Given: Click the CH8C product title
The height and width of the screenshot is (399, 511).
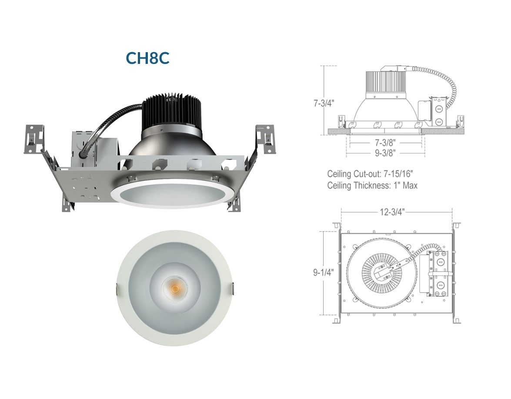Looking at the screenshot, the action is [x=147, y=58].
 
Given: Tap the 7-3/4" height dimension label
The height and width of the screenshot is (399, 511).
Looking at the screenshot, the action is [x=324, y=103].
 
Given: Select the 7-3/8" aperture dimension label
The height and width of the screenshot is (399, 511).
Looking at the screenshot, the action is [x=385, y=143].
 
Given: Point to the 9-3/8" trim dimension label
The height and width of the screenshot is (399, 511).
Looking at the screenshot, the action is [x=385, y=153].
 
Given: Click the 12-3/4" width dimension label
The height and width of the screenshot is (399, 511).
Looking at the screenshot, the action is [x=392, y=212].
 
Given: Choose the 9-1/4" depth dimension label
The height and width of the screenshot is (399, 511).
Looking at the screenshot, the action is [x=324, y=272].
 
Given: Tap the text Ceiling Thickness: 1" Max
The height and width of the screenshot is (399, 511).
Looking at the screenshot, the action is [x=372, y=185].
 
